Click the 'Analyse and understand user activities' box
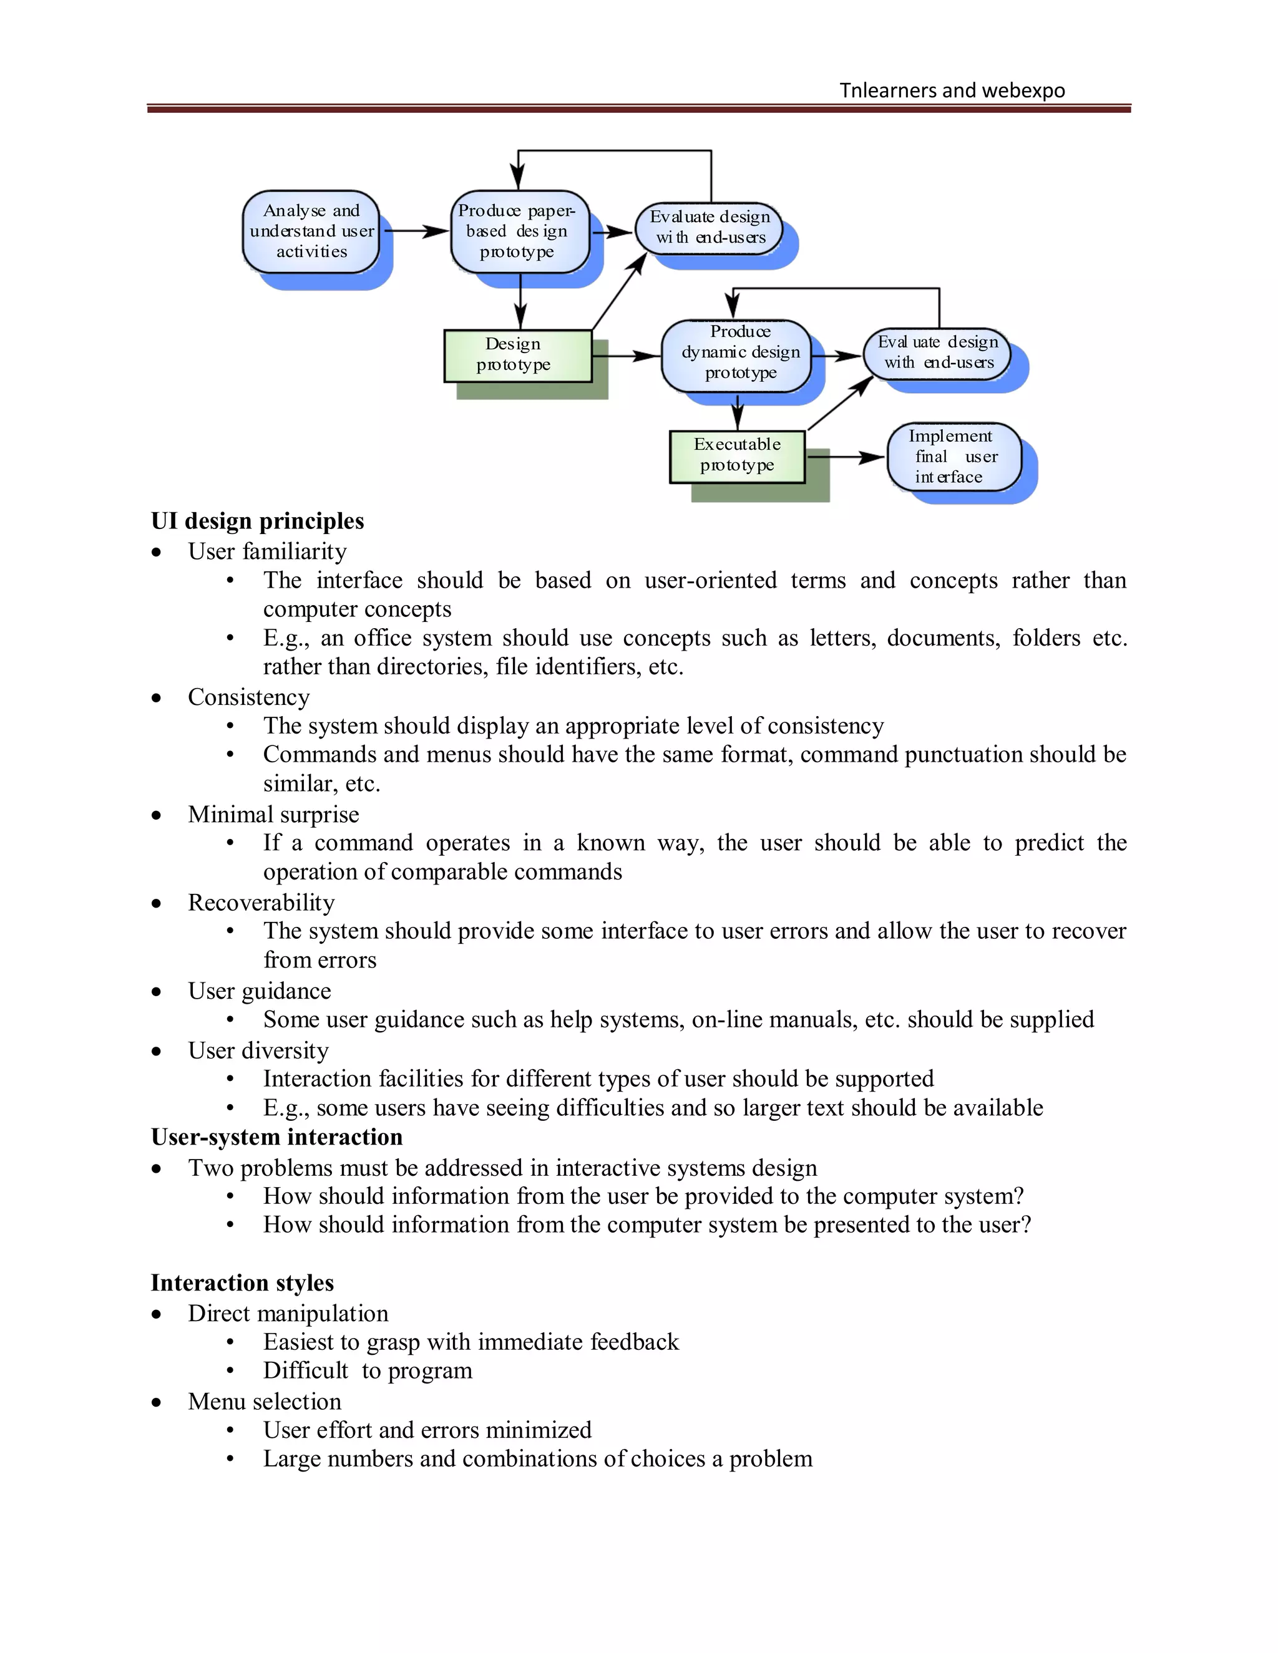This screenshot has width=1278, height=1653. click(x=311, y=231)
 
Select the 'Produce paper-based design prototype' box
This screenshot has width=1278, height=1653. click(x=519, y=231)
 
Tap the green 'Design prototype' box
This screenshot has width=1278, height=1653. click(x=517, y=356)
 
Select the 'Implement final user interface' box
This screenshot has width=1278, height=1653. click(x=954, y=457)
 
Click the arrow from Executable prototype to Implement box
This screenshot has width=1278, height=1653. click(x=846, y=457)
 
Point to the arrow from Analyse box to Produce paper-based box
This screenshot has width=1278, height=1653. click(x=414, y=231)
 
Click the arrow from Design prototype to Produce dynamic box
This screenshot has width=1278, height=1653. click(x=627, y=355)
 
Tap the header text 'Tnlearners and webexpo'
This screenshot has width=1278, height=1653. click(x=952, y=91)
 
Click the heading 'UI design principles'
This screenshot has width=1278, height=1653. click(x=258, y=521)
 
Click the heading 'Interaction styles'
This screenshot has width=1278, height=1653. click(x=242, y=1283)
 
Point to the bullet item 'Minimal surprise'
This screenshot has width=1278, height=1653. click(x=273, y=815)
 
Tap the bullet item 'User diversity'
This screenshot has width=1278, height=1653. click(x=258, y=1050)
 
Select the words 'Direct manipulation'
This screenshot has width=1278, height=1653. click(x=288, y=1313)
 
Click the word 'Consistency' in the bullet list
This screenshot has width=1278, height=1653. click(x=248, y=697)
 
